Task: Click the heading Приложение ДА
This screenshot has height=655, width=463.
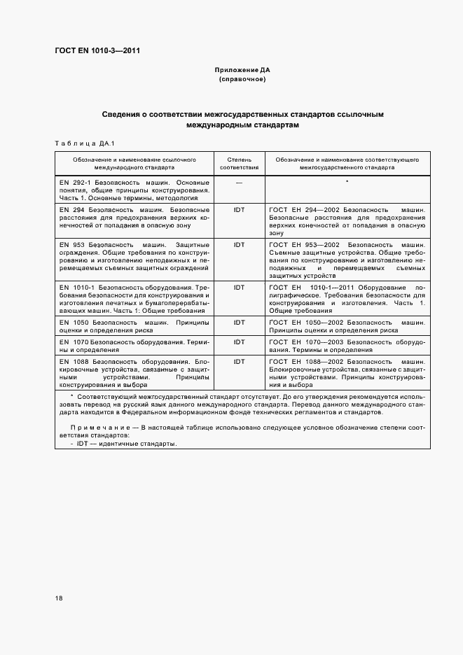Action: click(x=242, y=71)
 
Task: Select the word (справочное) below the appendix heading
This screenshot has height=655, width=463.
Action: click(x=242, y=80)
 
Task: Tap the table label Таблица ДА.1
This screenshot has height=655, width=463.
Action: click(x=78, y=143)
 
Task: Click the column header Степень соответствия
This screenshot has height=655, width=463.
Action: click(x=239, y=164)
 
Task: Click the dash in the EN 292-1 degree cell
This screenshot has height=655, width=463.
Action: click(x=239, y=182)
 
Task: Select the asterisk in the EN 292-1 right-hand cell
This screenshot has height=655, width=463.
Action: click(x=347, y=182)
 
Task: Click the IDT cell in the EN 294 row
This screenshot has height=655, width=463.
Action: click(x=239, y=209)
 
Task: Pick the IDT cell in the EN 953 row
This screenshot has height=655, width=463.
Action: click(x=239, y=245)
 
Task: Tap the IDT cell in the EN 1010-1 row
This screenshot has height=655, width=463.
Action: click(x=239, y=287)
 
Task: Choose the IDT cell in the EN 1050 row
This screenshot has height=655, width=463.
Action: click(x=239, y=322)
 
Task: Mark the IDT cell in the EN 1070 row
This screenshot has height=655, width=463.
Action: click(x=239, y=341)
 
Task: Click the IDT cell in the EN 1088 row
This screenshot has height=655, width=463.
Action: click(x=239, y=361)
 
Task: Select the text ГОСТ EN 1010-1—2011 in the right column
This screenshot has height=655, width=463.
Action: click(x=314, y=287)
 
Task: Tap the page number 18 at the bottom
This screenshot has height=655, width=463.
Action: click(x=59, y=598)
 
